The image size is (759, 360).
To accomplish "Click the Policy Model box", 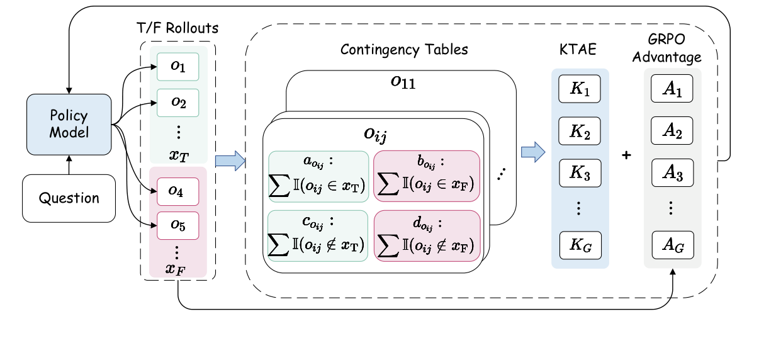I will pos(69,125).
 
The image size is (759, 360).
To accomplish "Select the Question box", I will pos(69,198).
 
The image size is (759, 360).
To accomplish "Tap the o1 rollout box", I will pos(177,67).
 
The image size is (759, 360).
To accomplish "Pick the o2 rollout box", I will pos(177,103).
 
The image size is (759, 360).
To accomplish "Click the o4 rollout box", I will pos(177,191).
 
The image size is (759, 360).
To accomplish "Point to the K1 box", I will pos(580,89).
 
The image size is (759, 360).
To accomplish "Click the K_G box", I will pos(580,245).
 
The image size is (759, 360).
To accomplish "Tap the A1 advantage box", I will pos(672,89).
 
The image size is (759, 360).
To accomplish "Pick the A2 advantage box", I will pos(672,132).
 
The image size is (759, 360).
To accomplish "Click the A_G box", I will pos(672,245).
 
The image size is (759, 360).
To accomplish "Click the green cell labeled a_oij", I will pos(318,176).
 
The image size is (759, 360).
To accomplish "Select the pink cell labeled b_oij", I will pos(427,176).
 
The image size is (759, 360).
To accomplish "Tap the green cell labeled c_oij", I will pos(318,235).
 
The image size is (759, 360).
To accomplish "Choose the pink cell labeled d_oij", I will pos(427,235).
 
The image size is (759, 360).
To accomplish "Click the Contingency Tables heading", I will pos(404,50).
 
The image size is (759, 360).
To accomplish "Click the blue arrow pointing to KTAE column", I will pos(532,152).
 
